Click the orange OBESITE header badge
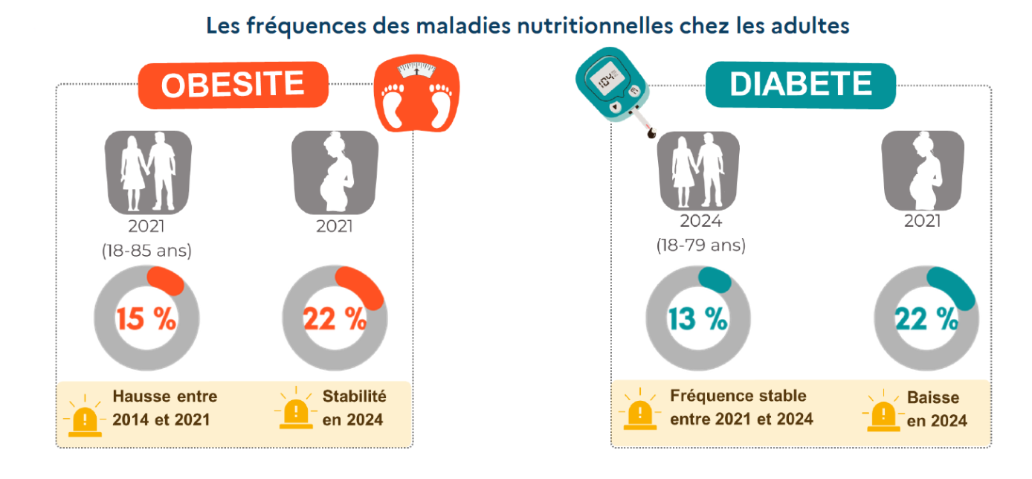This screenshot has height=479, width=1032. tap(233, 85)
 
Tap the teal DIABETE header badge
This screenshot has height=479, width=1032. tap(800, 84)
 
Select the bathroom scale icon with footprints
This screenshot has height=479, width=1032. tap(416, 95)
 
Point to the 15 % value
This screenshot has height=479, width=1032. tap(146, 318)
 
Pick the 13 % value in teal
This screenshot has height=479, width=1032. tap(697, 318)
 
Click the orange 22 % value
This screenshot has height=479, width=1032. tap(335, 318)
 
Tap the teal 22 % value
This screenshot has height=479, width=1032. tap(926, 318)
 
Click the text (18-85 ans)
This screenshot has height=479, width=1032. tap(146, 251)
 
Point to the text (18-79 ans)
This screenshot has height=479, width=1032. tap(700, 245)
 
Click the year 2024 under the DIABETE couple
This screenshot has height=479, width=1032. tap(700, 221)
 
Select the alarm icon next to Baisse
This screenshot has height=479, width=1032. tap(883, 411)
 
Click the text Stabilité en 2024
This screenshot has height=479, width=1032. tap(354, 408)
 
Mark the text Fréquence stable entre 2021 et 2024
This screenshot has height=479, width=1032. tap(741, 407)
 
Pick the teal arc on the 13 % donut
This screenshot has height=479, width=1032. tap(715, 280)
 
